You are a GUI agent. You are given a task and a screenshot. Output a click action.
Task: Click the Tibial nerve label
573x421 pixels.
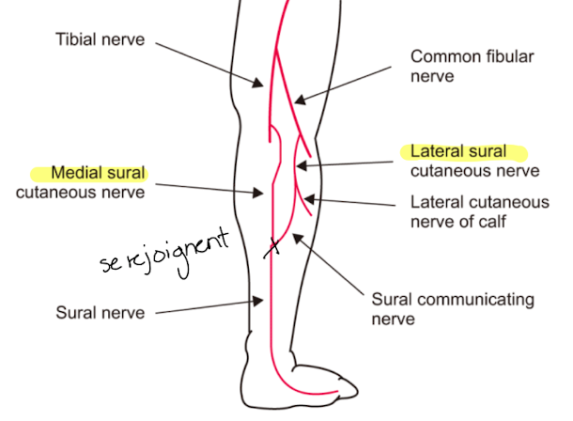pyautogui.click(x=101, y=41)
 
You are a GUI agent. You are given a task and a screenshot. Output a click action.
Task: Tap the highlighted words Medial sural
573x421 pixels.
pyautogui.click(x=98, y=173)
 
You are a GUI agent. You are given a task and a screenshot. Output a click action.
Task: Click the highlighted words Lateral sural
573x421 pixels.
pyautogui.click(x=459, y=151)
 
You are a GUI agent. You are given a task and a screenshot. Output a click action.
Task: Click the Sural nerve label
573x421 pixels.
pyautogui.click(x=101, y=313)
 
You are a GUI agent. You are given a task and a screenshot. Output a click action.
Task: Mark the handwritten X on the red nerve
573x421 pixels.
pyautogui.click(x=272, y=249)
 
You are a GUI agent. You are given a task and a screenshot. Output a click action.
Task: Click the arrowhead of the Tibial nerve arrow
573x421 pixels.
pyautogui.click(x=263, y=86)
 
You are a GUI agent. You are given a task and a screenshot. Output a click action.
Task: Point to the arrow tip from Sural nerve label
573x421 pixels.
pyautogui.click(x=263, y=300)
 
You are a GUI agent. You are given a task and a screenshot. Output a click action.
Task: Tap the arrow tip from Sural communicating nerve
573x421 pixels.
pyautogui.click(x=294, y=236)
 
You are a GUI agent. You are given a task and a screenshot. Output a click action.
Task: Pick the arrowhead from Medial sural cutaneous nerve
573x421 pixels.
pyautogui.click(x=265, y=195)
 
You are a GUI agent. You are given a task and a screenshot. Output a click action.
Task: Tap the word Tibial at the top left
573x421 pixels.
pyautogui.click(x=77, y=41)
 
